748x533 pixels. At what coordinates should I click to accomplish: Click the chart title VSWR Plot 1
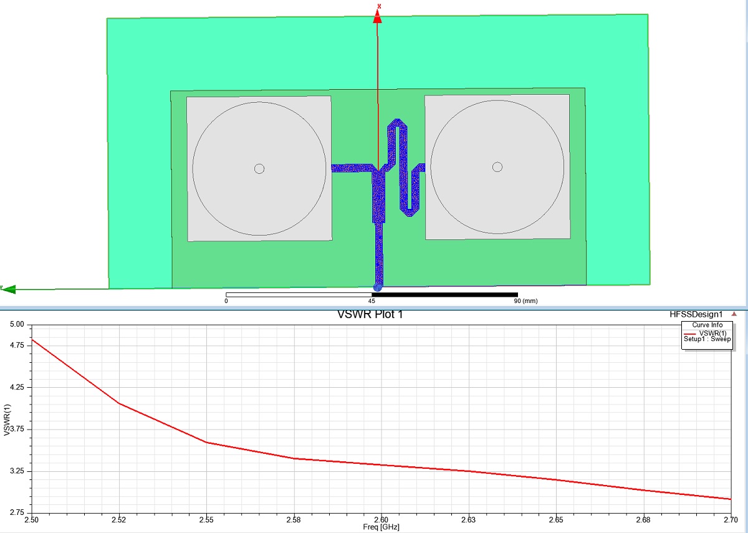pyautogui.click(x=370, y=315)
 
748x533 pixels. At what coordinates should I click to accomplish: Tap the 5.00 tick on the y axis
pyautogui.click(x=17, y=324)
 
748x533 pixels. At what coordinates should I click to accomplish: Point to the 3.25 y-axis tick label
pyautogui.click(x=17, y=471)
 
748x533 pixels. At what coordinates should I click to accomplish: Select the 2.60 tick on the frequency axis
pyautogui.click(x=381, y=520)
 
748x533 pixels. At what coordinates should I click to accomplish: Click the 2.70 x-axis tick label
pyautogui.click(x=731, y=520)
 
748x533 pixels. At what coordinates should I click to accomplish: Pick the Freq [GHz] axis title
pyautogui.click(x=381, y=527)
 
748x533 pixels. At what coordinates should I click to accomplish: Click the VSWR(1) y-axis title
pyautogui.click(x=7, y=420)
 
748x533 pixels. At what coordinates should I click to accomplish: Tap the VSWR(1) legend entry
pyautogui.click(x=712, y=334)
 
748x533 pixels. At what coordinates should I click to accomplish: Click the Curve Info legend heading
pyautogui.click(x=707, y=325)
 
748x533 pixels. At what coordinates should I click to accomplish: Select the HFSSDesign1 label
pyautogui.click(x=696, y=314)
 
